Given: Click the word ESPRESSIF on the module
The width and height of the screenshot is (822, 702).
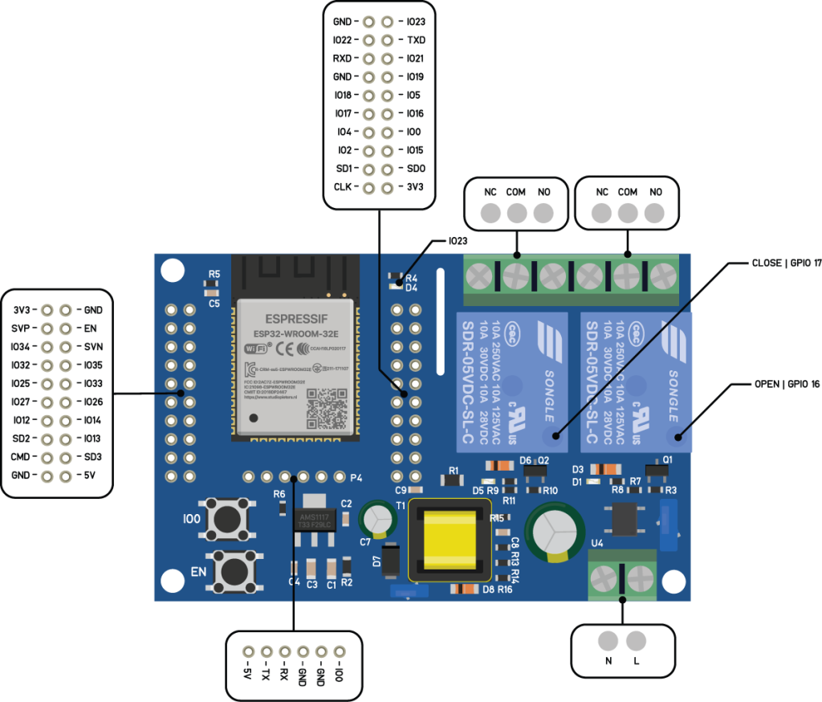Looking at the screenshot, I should [x=294, y=319].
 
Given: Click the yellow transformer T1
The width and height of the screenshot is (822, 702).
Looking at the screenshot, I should [x=449, y=539].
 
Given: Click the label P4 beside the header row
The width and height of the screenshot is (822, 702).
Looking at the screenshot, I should [x=356, y=478].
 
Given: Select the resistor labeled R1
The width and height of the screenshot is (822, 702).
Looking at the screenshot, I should [x=453, y=480].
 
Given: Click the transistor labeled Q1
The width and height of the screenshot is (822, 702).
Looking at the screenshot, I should [x=657, y=471].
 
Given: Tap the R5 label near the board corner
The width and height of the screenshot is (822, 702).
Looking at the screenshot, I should [x=214, y=275].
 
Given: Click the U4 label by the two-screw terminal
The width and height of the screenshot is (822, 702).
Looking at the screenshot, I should [x=596, y=544].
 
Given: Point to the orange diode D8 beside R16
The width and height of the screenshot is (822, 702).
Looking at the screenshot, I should [x=466, y=589].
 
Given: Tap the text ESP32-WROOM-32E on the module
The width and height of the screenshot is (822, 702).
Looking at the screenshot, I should [x=294, y=334].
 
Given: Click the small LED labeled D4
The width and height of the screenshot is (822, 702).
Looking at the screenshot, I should [x=394, y=284].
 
